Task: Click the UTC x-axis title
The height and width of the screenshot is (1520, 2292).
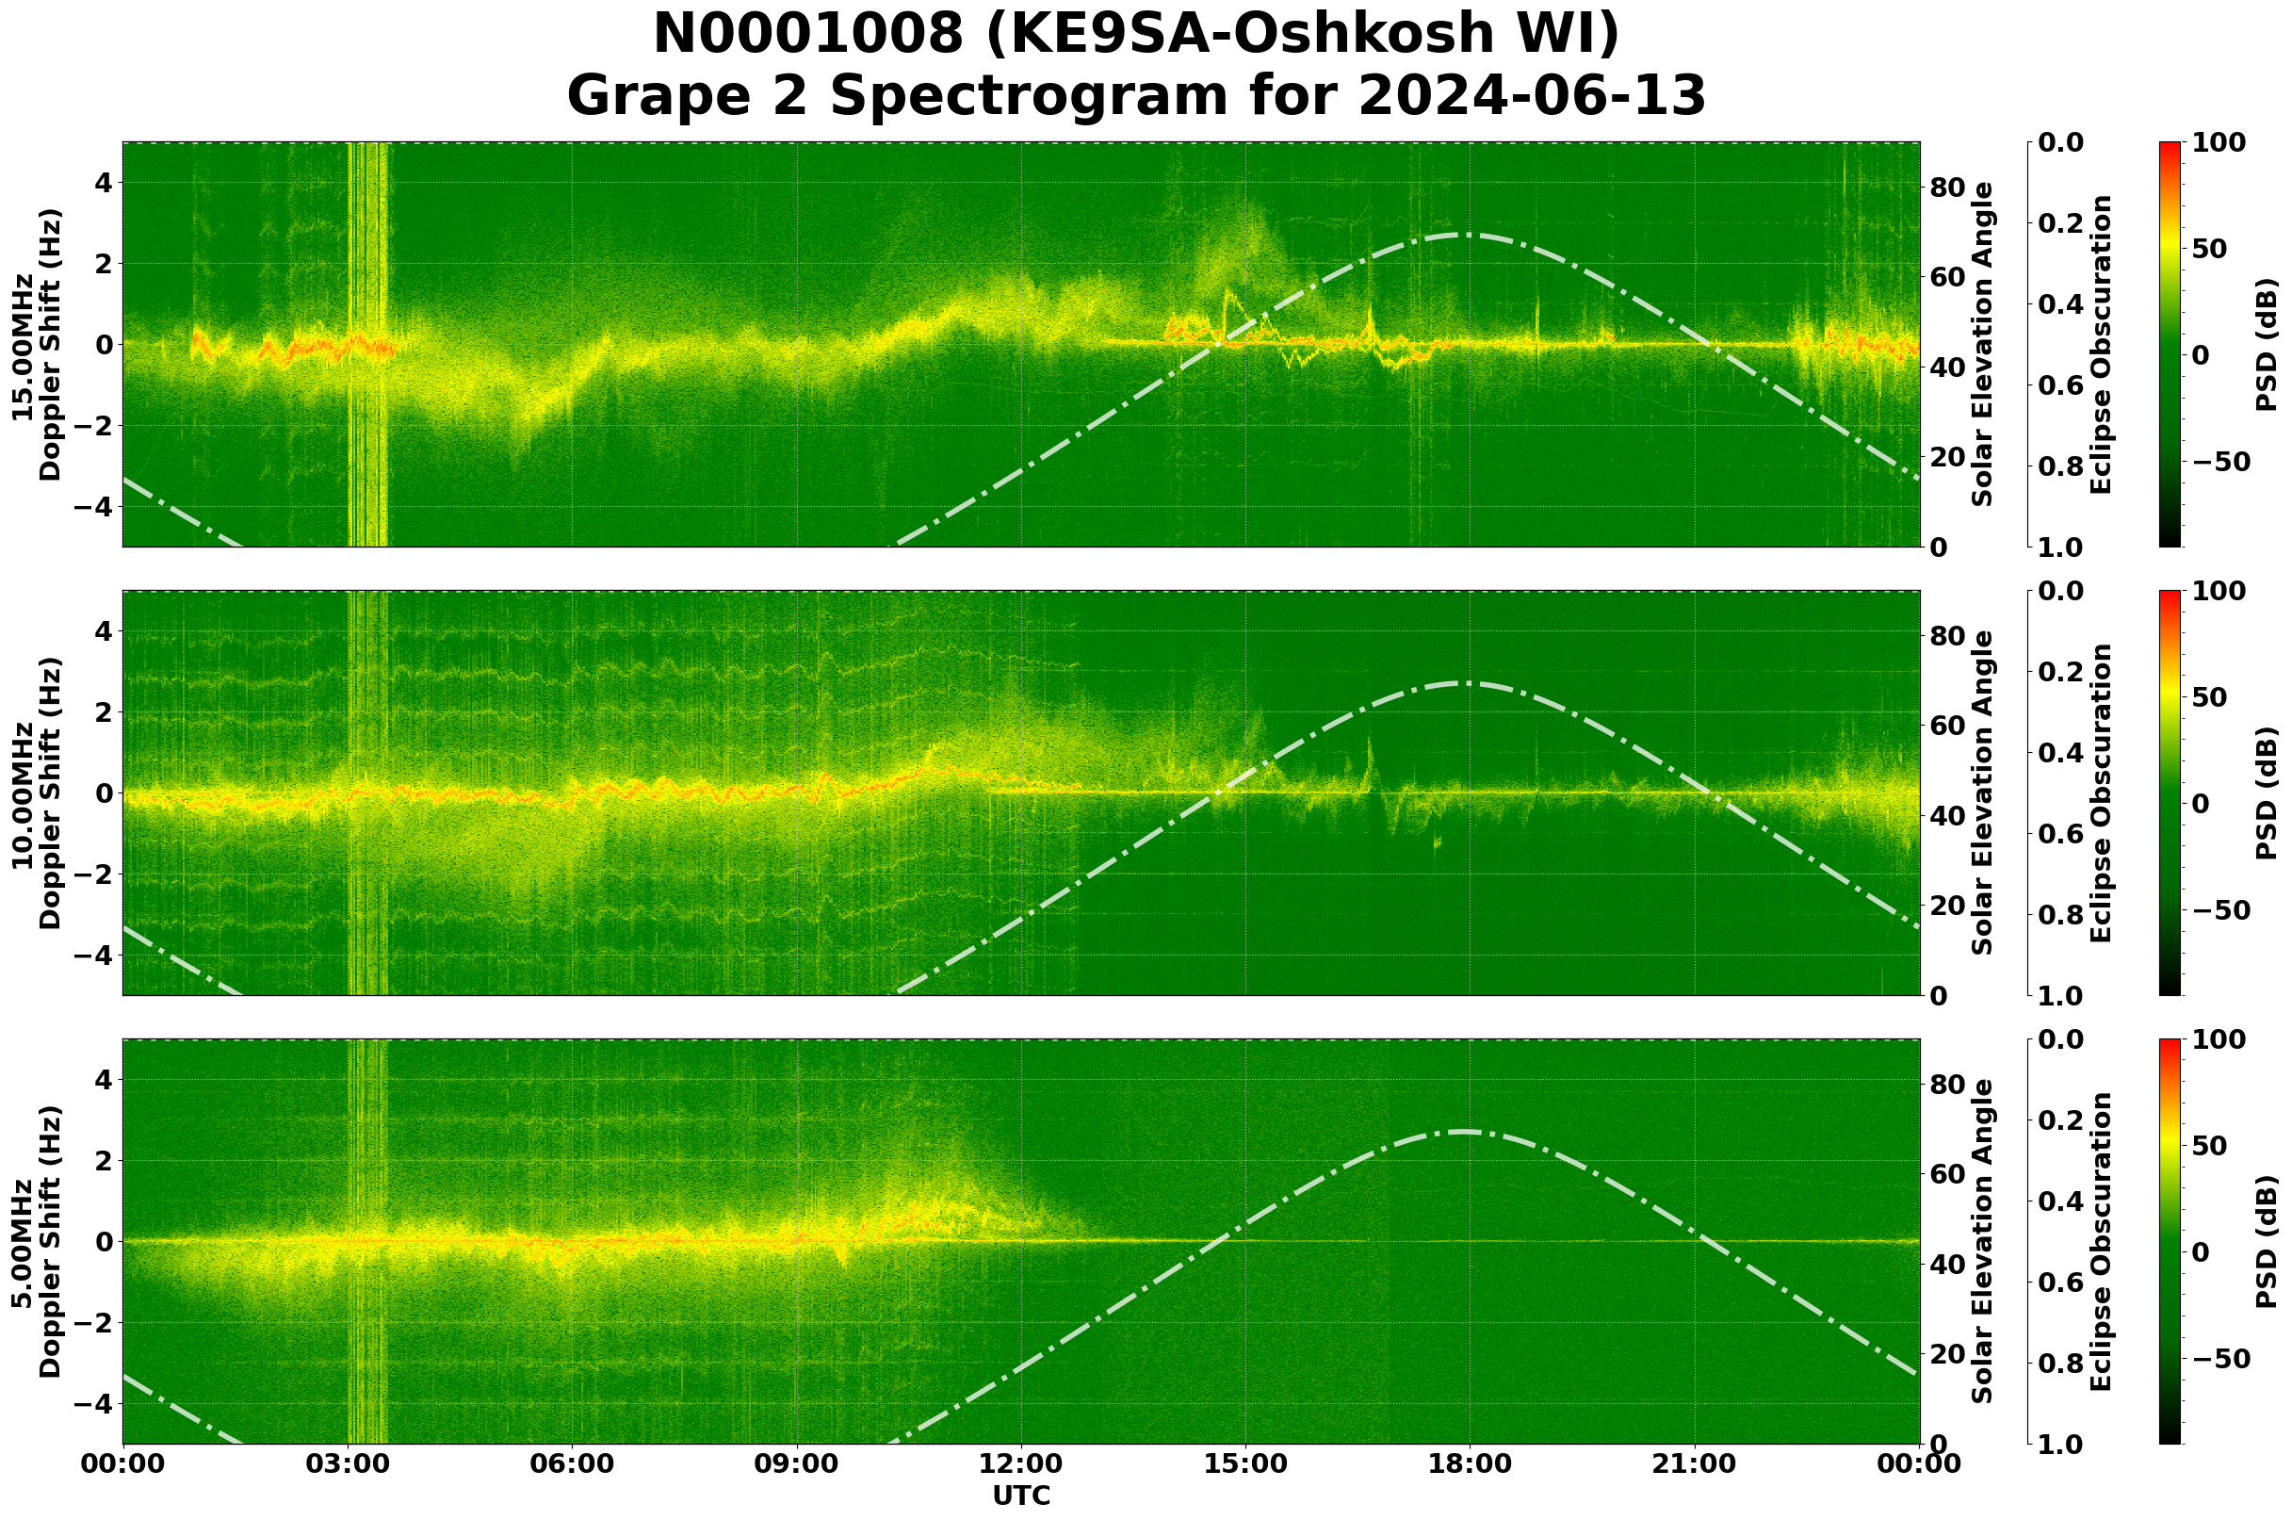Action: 1020,1495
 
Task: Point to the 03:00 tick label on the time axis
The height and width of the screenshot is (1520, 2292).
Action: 348,1463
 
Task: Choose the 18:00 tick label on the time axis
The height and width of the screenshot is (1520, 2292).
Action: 1470,1463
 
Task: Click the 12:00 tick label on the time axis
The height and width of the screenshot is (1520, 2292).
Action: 1020,1463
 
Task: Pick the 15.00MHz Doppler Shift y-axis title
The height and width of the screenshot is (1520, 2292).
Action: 36,344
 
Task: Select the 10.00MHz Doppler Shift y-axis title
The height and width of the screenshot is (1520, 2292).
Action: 36,793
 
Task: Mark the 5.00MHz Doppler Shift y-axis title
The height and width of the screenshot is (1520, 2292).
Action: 36,1241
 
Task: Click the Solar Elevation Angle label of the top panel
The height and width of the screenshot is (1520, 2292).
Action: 1983,344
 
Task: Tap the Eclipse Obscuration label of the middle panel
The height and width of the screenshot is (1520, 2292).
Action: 2100,793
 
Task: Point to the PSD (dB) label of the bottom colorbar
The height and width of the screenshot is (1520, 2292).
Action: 2266,1241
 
